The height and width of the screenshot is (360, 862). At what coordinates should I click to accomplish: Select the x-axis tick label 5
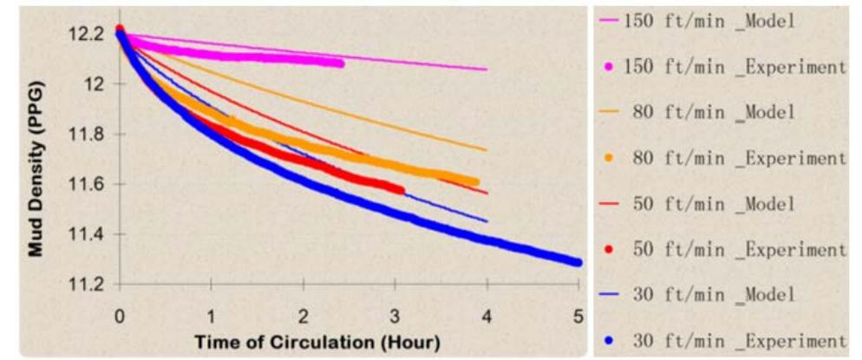click(x=578, y=314)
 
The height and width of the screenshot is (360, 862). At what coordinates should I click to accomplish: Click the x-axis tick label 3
click(x=395, y=314)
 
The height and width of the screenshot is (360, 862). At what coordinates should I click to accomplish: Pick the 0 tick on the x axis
click(x=120, y=314)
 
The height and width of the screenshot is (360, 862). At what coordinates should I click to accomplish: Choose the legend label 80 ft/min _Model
click(x=714, y=113)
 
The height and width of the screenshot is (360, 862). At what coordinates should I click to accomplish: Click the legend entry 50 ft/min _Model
click(x=714, y=205)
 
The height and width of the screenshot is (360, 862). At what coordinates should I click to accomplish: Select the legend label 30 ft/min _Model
click(x=714, y=295)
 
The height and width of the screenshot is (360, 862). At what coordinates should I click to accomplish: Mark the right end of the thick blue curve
click(x=578, y=262)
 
